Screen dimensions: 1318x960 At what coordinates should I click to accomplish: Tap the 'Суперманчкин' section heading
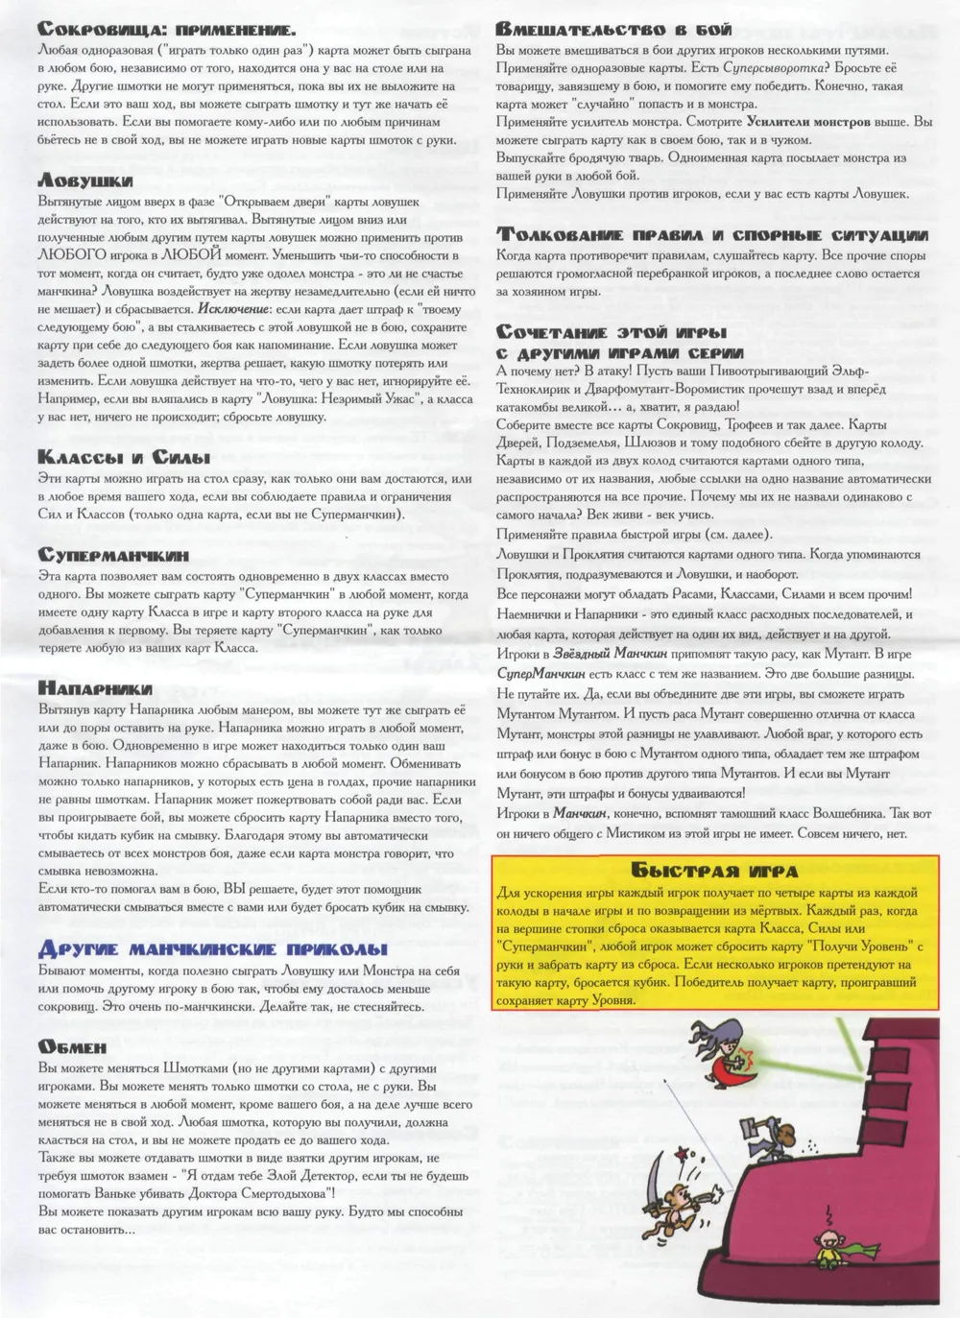[x=113, y=555]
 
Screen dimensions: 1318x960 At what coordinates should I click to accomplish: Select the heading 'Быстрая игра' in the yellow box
[x=716, y=871]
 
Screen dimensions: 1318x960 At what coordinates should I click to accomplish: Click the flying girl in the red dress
[x=728, y=1055]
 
